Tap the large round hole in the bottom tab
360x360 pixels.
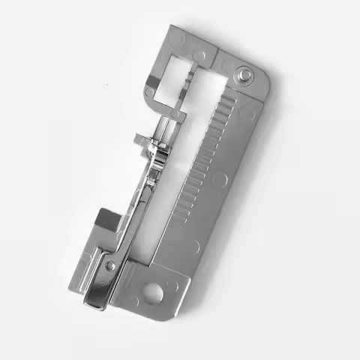tap(154, 290)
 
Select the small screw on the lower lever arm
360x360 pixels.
tap(112, 265)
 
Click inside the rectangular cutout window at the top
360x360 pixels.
tap(182, 71)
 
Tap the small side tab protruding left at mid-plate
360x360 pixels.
tap(140, 139)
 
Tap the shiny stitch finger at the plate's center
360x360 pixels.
tap(156, 161)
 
